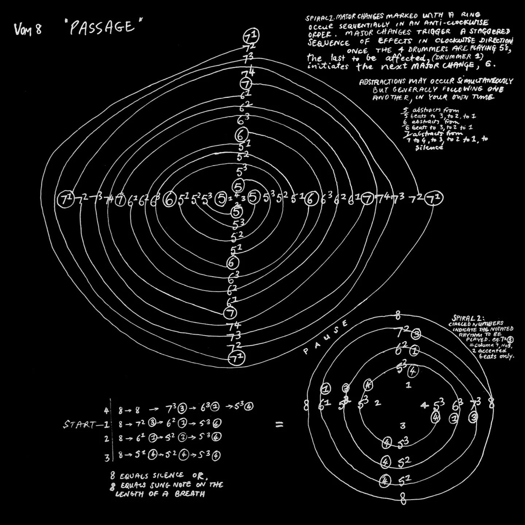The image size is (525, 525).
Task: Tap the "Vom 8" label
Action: (28, 29)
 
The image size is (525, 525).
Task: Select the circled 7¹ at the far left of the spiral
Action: (66, 199)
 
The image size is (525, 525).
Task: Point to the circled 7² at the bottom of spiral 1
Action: (236, 358)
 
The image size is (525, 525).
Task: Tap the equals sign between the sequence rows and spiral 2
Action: (279, 424)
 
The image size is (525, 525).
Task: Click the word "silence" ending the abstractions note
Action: (429, 148)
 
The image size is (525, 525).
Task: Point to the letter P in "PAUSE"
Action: (306, 352)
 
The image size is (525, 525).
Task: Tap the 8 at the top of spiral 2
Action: (398, 314)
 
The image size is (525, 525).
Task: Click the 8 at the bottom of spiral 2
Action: (403, 498)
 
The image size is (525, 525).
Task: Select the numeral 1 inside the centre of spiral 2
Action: (408, 385)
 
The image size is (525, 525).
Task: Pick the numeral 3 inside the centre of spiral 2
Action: (402, 425)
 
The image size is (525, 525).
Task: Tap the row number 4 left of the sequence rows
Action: (106, 411)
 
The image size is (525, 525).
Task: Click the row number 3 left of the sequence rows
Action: (107, 458)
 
